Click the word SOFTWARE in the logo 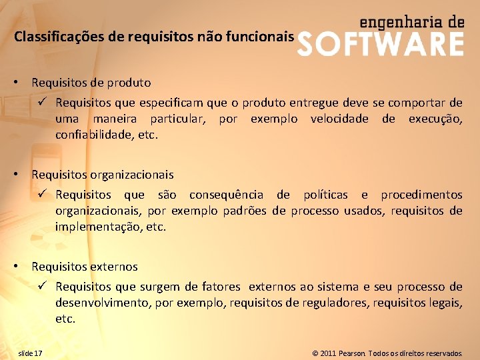pos(379,44)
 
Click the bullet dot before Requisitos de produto pos(22,83)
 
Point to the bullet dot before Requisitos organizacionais pos(22,175)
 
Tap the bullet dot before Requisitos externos pos(22,267)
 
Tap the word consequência pos(226,195)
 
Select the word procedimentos pos(421,195)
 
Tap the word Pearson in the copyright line pos(351,353)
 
